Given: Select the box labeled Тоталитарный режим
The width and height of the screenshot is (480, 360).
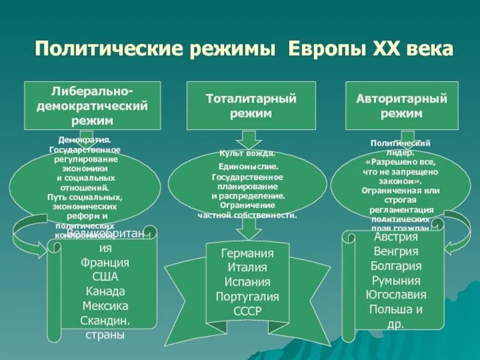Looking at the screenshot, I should point(252,105).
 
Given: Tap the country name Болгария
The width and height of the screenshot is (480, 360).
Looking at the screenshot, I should point(396,266).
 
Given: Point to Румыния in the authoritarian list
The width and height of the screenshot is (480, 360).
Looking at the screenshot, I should point(396,280).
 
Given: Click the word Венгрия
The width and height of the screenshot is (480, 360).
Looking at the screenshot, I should point(396,251).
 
